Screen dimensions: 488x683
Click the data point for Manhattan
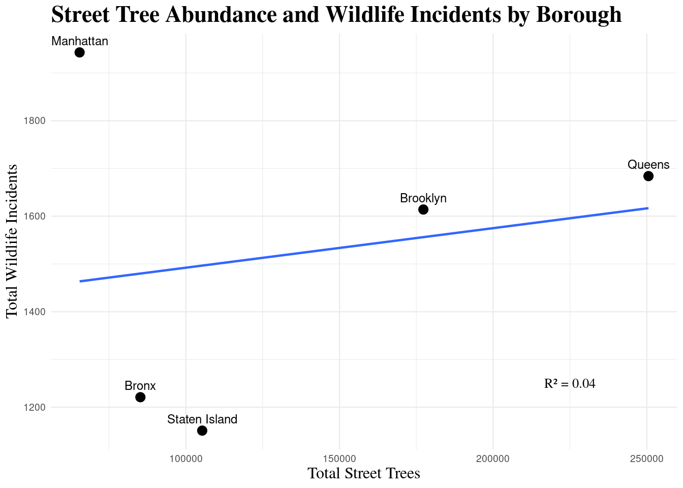(x=79, y=52)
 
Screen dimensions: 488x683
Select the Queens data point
(x=648, y=176)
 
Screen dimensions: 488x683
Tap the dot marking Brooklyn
(x=423, y=209)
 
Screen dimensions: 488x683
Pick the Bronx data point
(x=140, y=397)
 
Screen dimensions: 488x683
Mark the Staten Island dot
(x=202, y=431)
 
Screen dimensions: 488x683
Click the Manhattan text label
(x=80, y=41)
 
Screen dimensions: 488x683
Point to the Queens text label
(x=648, y=165)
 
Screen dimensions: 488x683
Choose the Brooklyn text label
(x=423, y=198)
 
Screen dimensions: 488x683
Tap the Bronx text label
(x=140, y=386)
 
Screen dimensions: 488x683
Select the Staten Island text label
(x=202, y=419)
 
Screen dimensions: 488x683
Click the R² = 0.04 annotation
(x=570, y=384)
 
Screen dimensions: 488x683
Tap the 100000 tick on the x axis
(x=186, y=459)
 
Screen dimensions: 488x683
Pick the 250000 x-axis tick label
(x=646, y=459)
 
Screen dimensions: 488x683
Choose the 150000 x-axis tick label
(x=339, y=459)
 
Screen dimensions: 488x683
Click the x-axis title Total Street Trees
(x=364, y=474)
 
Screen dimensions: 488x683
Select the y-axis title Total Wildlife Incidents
(x=12, y=241)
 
